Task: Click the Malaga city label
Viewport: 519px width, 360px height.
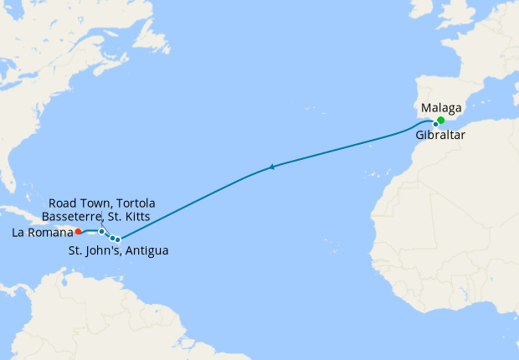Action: (444, 108)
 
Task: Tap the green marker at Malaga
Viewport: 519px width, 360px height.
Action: (441, 120)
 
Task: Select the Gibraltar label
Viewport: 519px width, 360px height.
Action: (441, 134)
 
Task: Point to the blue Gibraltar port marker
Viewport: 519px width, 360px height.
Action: (435, 124)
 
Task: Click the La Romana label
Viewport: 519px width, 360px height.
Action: (39, 234)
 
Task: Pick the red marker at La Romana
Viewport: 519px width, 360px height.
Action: (78, 231)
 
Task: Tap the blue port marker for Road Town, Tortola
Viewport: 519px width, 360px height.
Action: (101, 231)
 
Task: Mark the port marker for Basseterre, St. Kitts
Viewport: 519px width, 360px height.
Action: (112, 238)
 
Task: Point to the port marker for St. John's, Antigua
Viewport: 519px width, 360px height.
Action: (118, 239)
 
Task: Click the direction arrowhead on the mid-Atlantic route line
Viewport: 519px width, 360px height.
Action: (271, 168)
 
